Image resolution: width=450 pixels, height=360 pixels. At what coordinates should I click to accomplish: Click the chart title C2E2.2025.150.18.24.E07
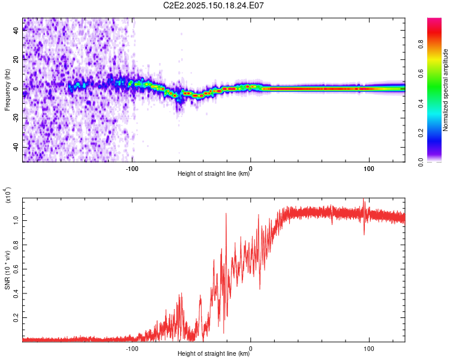pyautogui.click(x=213, y=5)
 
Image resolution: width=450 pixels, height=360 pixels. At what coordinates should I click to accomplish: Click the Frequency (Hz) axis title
pyautogui.click(x=7, y=90)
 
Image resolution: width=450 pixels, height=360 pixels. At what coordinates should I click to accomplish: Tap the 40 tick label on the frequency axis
pyautogui.click(x=16, y=31)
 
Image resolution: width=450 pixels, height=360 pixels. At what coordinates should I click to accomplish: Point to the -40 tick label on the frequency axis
pyautogui.click(x=16, y=147)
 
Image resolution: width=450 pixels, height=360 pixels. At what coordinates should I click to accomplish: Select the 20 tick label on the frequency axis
pyautogui.click(x=16, y=60)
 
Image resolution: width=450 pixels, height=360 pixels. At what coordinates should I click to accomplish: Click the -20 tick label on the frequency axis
pyautogui.click(x=16, y=118)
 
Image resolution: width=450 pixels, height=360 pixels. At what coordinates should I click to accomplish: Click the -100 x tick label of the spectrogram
pyautogui.click(x=132, y=169)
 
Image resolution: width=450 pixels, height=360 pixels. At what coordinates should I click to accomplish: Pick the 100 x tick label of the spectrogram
pyautogui.click(x=369, y=169)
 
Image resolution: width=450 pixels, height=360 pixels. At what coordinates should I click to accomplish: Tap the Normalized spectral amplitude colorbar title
pyautogui.click(x=445, y=90)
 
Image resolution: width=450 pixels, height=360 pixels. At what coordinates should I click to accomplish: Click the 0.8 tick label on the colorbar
pyautogui.click(x=421, y=44)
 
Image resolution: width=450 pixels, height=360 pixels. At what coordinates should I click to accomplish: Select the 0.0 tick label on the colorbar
pyautogui.click(x=421, y=163)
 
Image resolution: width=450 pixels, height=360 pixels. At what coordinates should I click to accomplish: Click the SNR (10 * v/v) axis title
pyautogui.click(x=7, y=270)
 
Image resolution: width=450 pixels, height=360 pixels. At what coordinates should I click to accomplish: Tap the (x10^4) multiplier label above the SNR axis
pyautogui.click(x=7, y=195)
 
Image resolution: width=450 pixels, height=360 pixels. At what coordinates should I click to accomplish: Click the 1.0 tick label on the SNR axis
pyautogui.click(x=16, y=220)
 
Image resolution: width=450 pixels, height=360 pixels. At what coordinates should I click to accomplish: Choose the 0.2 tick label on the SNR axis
pyautogui.click(x=16, y=318)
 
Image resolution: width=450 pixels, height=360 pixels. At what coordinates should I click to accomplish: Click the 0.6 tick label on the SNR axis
pyautogui.click(x=16, y=269)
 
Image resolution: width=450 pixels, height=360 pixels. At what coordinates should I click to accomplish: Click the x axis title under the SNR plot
pyautogui.click(x=214, y=353)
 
